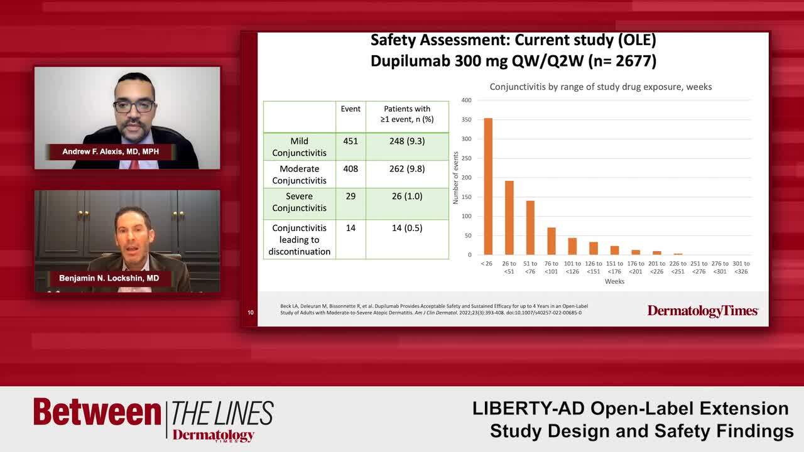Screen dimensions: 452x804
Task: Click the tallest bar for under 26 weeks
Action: (x=488, y=186)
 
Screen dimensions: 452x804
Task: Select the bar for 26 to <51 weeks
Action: (x=509, y=218)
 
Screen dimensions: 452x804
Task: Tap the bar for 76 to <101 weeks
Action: (x=551, y=241)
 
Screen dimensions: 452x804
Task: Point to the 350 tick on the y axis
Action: (x=466, y=119)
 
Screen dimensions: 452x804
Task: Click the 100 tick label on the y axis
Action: (x=466, y=217)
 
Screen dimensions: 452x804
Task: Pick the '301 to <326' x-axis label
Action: (x=741, y=267)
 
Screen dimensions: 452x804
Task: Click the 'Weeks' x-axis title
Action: (x=614, y=281)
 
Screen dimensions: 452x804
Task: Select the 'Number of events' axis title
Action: (x=456, y=178)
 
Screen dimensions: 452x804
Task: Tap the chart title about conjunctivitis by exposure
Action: (x=600, y=87)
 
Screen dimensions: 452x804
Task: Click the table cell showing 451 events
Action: (x=350, y=141)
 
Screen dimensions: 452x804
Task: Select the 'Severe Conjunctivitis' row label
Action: (x=299, y=202)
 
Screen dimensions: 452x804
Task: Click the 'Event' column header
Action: (x=350, y=109)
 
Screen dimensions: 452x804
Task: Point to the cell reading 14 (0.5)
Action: (x=407, y=228)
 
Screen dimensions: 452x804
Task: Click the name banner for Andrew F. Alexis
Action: (x=111, y=152)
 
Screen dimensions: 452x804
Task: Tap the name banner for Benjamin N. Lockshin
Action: (x=109, y=278)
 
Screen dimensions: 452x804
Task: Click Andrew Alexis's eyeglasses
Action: (x=134, y=106)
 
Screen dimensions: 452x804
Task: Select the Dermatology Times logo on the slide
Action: (x=703, y=310)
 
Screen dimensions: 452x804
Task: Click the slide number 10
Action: (x=251, y=312)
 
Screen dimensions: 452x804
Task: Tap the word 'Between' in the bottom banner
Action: (x=97, y=412)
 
